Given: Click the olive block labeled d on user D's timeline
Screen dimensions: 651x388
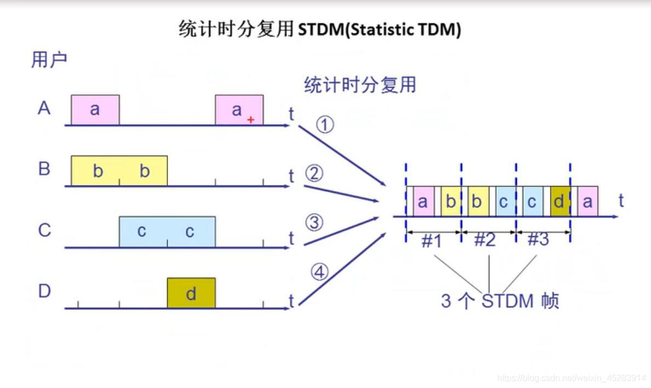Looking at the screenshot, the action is click(x=191, y=293).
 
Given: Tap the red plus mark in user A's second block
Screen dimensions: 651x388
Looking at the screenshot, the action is click(x=251, y=120).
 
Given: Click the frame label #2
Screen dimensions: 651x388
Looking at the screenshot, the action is click(x=484, y=240).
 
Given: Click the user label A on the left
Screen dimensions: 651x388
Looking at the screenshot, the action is click(x=44, y=108).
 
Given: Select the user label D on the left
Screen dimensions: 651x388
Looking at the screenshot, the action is click(x=44, y=291).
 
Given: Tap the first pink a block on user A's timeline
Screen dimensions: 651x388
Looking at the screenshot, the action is click(x=95, y=109).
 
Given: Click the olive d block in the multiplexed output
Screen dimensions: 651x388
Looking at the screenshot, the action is click(x=559, y=201).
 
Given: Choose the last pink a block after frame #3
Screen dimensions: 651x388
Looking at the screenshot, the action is click(x=587, y=201).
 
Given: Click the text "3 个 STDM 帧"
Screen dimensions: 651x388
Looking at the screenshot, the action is click(x=500, y=301).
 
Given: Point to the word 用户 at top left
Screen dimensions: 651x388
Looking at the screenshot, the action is click(x=49, y=60).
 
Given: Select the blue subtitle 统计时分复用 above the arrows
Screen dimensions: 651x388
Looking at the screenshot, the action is click(x=360, y=85).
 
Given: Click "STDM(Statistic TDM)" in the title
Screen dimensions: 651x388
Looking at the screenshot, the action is click(x=379, y=30).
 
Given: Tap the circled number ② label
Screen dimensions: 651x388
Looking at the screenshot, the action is click(x=314, y=174).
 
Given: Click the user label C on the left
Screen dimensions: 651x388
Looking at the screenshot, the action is click(x=44, y=230).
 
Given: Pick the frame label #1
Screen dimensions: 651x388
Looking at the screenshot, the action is click(x=432, y=241).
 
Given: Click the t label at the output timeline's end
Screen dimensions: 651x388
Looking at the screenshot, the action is click(x=621, y=201).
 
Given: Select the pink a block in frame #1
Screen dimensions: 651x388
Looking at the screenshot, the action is click(x=422, y=201).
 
